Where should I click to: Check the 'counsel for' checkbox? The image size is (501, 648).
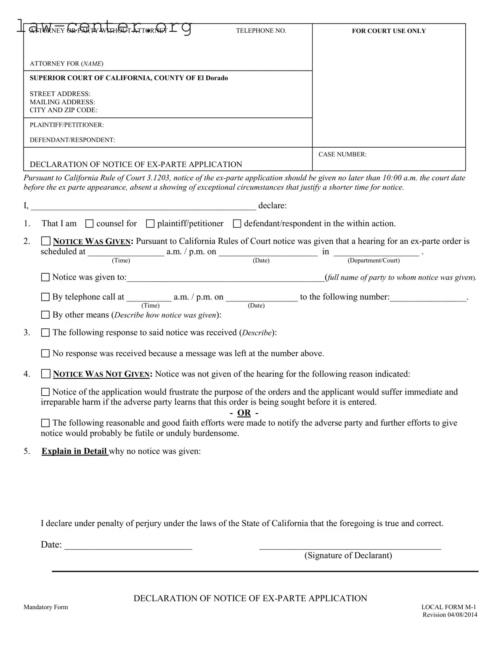89,224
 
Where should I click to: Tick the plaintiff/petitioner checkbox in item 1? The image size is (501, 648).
150,224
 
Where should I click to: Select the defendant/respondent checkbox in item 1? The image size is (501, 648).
237,224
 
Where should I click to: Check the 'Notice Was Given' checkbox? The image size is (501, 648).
45,241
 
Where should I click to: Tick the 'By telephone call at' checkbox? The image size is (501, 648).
45,297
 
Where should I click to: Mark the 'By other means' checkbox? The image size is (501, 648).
45,315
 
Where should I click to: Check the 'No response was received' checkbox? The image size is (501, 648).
45,354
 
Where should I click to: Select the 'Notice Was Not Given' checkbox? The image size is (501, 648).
45,374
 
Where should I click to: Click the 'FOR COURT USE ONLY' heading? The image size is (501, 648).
389,31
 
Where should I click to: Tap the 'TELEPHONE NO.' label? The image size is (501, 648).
261,31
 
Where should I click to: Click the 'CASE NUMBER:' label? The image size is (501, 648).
342,154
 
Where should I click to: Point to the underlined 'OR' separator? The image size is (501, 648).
244,413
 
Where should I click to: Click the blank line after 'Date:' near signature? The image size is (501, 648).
128,546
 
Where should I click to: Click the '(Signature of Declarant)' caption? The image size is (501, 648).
348,555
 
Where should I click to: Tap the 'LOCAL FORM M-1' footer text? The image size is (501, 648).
449,607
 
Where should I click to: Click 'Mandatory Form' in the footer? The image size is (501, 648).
45,607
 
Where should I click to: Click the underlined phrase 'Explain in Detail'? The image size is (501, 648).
74,451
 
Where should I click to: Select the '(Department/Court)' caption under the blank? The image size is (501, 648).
374,261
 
